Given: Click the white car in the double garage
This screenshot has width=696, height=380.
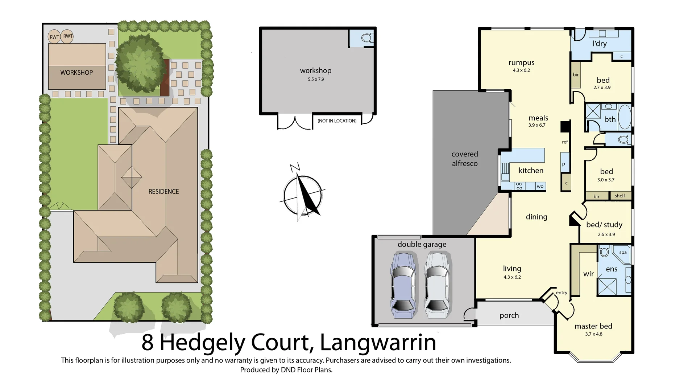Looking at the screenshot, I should (437, 286).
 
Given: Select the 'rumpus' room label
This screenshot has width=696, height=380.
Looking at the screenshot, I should (521, 63).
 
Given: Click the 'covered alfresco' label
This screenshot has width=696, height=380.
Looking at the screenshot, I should (464, 159).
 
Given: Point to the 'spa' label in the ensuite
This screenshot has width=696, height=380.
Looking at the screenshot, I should (623, 253).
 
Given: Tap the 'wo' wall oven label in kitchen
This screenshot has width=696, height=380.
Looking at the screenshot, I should (540, 187).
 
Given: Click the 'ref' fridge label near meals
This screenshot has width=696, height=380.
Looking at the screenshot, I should (565, 142).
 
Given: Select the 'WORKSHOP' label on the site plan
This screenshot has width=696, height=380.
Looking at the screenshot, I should (76, 73).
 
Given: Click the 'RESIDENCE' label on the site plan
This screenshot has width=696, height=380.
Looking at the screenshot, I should (163, 192).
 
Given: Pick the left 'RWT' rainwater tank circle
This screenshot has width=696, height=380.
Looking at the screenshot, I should (54, 37).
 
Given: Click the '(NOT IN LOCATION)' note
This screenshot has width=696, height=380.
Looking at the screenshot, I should (337, 121).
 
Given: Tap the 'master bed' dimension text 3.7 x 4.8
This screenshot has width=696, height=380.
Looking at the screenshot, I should (593, 334).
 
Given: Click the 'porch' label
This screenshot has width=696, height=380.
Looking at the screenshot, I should (509, 315).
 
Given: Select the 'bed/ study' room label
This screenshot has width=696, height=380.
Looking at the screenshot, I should (604, 225).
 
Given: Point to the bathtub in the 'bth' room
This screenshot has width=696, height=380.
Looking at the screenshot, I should (624, 117).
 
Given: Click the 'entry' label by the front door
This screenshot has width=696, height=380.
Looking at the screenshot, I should (562, 293).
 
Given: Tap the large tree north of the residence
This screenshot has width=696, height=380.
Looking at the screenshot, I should (139, 65).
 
